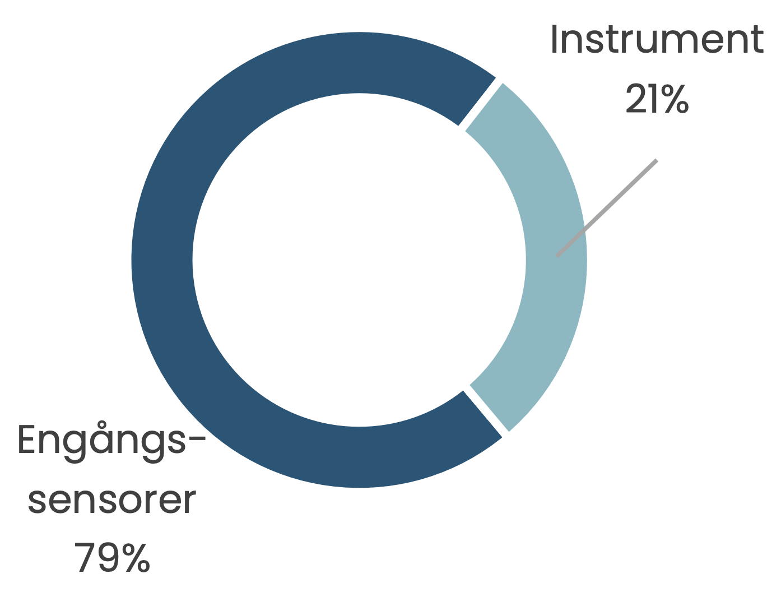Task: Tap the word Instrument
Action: click(657, 39)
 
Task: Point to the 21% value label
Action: click(657, 99)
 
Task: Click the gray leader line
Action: click(607, 208)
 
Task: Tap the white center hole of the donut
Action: click(359, 260)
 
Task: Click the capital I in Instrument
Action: click(554, 39)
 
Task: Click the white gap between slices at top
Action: click(480, 104)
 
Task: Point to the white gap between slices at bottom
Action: click(486, 412)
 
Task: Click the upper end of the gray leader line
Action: click(657, 160)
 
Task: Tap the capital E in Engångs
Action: click(26, 440)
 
